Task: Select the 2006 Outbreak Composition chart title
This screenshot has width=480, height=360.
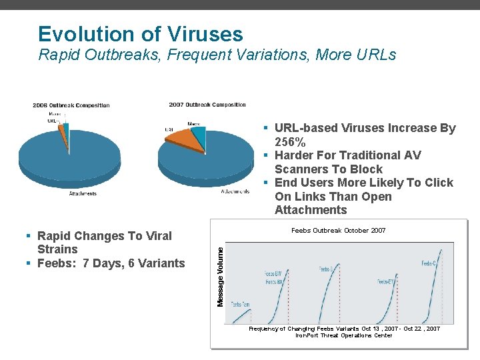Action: (x=71, y=105)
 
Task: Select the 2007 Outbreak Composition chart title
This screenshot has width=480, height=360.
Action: (x=207, y=105)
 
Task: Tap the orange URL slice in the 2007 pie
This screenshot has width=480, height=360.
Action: (x=184, y=139)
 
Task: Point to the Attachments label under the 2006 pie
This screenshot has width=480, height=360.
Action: (x=83, y=194)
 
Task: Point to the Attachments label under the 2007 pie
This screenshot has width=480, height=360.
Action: (x=235, y=191)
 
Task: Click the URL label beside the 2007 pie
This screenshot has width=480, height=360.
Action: (x=169, y=129)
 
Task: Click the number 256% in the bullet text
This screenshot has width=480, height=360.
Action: (x=290, y=142)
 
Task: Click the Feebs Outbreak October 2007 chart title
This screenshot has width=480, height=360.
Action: (x=338, y=231)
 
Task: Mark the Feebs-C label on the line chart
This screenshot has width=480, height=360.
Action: (x=429, y=264)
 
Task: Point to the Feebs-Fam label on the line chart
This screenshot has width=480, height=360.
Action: (x=240, y=304)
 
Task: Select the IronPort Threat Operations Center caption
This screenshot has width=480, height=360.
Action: (x=344, y=335)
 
